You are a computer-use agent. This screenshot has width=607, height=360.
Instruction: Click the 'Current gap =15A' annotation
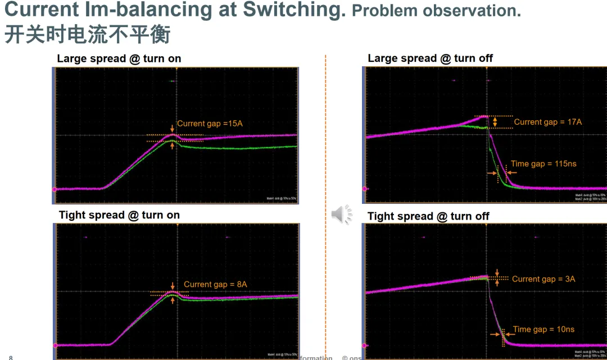tap(210, 124)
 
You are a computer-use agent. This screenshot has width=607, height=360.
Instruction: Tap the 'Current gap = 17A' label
tap(547, 122)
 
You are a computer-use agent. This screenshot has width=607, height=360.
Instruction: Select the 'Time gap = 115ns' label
tap(543, 164)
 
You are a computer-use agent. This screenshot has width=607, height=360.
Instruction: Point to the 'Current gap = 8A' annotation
tap(215, 285)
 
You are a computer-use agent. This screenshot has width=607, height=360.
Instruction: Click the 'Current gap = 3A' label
tap(543, 279)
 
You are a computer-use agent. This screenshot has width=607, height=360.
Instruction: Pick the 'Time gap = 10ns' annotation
tap(543, 330)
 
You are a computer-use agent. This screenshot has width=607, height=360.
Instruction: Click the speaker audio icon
tap(341, 214)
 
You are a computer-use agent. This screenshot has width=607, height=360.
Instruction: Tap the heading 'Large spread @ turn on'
tap(119, 58)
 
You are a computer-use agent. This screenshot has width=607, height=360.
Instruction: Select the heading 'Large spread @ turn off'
tap(430, 58)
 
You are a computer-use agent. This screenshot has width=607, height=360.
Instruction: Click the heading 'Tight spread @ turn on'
tap(119, 215)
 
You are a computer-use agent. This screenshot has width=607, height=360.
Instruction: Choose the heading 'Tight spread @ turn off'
tap(428, 216)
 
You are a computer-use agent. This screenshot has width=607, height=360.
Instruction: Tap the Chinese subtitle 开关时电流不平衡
tap(87, 35)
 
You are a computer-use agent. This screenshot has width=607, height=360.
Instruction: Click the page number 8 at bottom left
tap(11, 357)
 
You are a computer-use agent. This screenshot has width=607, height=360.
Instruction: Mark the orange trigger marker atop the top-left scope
tap(177, 69)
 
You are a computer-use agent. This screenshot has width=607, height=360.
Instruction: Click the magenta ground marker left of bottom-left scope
tap(55, 345)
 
